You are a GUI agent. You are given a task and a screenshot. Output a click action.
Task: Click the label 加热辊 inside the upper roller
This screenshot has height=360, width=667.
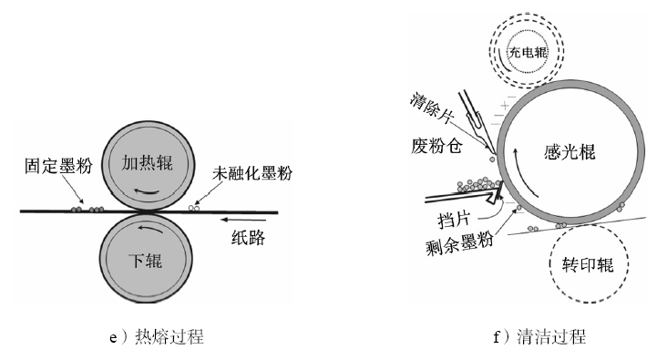point(148,163)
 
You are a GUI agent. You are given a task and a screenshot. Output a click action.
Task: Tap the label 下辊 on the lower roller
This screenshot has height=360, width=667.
point(146,261)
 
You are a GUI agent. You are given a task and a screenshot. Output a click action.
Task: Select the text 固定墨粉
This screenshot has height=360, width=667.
point(58,166)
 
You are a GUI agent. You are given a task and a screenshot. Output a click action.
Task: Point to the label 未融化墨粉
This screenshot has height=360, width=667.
point(252,173)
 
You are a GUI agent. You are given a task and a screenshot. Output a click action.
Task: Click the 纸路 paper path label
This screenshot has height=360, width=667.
point(249,238)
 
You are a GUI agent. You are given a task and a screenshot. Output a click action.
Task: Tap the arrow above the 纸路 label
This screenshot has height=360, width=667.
point(243,220)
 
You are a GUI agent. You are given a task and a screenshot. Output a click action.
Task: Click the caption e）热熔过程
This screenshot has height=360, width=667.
point(157,337)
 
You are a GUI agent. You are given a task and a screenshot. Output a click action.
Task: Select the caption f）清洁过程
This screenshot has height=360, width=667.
point(539,337)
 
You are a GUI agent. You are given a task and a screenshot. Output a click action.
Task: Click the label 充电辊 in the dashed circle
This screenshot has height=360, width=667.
point(528,52)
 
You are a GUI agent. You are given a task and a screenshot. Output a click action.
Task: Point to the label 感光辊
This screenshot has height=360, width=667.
point(570,152)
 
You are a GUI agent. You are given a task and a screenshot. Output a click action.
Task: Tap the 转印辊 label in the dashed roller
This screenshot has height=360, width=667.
point(589,264)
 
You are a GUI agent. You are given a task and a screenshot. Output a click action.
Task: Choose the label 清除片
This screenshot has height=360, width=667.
point(432,108)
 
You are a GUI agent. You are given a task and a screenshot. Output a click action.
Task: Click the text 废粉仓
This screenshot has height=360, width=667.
point(436,146)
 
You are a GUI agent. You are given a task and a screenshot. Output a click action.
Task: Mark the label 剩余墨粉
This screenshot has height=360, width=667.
point(459,242)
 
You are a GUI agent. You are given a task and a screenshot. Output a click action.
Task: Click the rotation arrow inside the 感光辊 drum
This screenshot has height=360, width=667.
point(526,175)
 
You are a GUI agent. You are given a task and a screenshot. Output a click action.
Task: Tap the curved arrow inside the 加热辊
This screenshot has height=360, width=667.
point(147,191)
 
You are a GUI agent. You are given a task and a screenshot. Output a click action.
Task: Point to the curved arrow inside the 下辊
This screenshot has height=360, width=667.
point(150,228)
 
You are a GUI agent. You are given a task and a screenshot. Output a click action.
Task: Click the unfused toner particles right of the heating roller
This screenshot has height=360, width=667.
point(194,207)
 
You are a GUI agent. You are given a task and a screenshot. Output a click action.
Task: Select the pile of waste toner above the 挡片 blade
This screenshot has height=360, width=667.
point(479,184)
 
